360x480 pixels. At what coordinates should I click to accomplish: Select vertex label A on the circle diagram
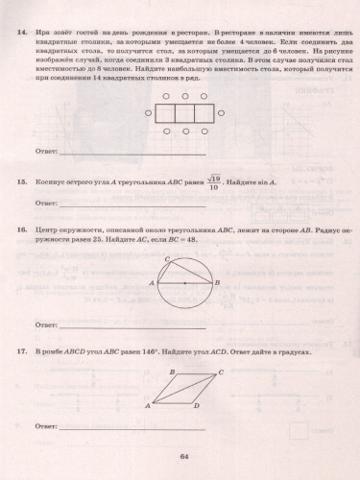(x=152, y=283)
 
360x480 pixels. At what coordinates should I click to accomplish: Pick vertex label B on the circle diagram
(x=219, y=283)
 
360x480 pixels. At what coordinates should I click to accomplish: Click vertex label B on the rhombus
(x=172, y=372)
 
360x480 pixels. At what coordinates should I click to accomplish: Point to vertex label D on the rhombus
(x=196, y=406)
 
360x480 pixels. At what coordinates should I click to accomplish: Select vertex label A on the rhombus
(x=146, y=406)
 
